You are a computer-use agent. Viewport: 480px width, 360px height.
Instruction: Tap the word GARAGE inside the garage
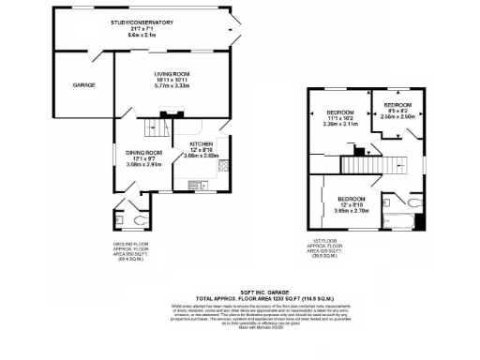(x=84, y=85)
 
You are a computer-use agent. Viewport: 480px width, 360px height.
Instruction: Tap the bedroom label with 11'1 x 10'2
(x=340, y=112)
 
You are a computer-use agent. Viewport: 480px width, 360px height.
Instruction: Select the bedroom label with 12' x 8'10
(x=351, y=200)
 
